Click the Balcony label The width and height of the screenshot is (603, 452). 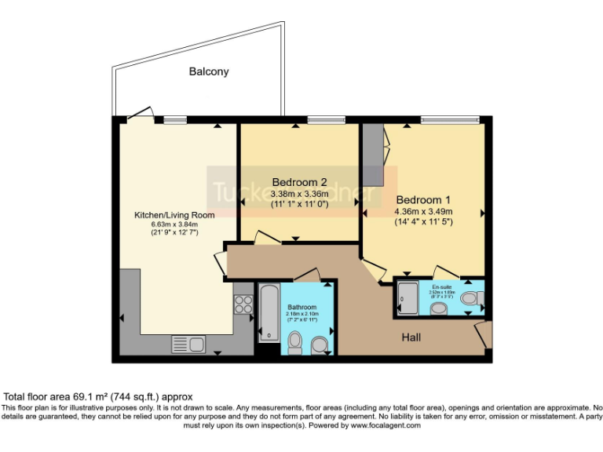(x=209, y=71)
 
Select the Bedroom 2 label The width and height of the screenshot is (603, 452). (x=298, y=182)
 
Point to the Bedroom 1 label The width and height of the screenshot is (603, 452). (x=424, y=199)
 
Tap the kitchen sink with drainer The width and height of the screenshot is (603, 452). (x=188, y=343)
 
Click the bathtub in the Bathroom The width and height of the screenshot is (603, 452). (x=268, y=312)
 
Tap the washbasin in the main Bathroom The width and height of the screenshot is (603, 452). (x=319, y=344)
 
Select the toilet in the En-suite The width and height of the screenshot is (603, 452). (x=470, y=298)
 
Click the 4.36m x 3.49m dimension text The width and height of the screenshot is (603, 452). (x=424, y=211)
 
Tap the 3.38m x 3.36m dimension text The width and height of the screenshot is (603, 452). (x=298, y=194)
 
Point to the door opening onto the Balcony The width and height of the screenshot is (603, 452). (x=139, y=115)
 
